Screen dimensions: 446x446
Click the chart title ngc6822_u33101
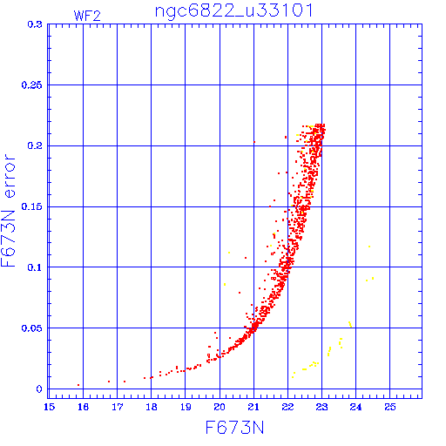(234, 11)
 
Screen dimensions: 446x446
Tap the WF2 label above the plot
(87, 16)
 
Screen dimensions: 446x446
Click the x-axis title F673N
(234, 428)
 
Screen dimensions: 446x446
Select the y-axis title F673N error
(8, 211)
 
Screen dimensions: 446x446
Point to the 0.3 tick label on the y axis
(35, 24)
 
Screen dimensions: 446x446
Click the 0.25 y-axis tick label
(31, 85)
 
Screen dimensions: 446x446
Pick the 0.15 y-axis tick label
(31, 206)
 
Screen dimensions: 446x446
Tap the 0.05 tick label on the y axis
(31, 328)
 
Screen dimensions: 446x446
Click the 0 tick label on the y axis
(39, 389)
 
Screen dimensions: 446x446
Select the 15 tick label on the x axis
(50, 407)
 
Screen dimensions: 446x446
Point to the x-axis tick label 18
(152, 407)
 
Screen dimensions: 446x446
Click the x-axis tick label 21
(253, 407)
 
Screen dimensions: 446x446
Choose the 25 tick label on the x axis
(390, 407)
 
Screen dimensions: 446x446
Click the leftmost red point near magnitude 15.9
(78, 385)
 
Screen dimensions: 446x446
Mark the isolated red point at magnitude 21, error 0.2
(254, 142)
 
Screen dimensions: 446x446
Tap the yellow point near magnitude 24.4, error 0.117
(369, 247)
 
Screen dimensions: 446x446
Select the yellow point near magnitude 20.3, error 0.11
(229, 253)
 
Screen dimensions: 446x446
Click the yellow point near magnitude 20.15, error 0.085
(225, 284)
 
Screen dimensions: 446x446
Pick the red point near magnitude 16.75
(109, 382)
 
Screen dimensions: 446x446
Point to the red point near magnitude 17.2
(125, 382)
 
